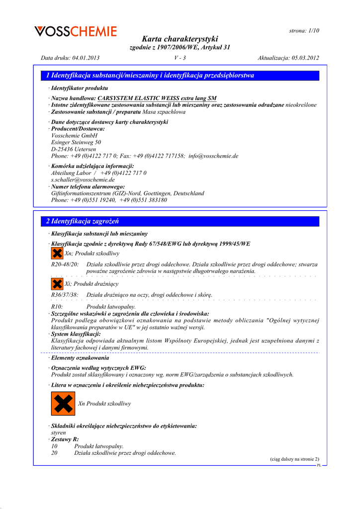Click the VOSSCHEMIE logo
point(76,31)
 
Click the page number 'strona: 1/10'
point(304,31)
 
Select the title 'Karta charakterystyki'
point(180,39)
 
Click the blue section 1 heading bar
point(180,76)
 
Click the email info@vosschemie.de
point(213,156)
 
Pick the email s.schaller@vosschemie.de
point(83,179)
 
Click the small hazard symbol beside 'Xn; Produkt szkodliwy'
point(57,254)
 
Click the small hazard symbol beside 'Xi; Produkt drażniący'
point(57,284)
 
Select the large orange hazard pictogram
point(63,404)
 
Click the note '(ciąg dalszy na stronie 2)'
point(294,459)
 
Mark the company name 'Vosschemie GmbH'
point(75,135)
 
